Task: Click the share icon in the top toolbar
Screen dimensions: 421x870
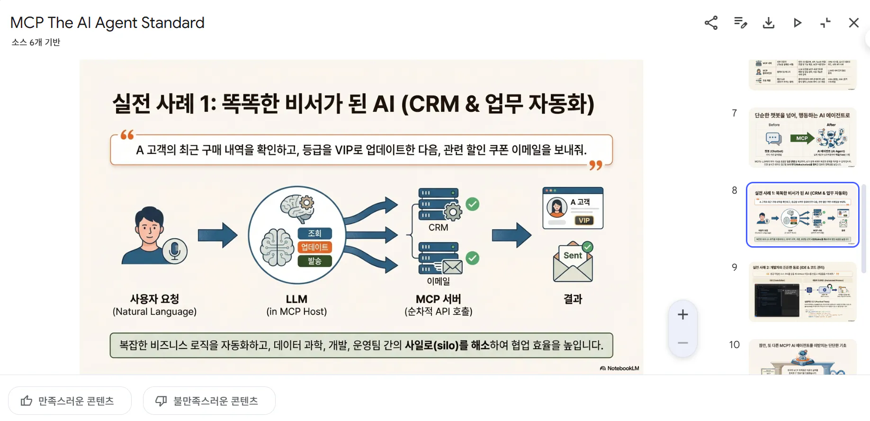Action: coord(711,23)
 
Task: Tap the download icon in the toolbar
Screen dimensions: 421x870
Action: coord(769,23)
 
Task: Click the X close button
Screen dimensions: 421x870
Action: coord(853,23)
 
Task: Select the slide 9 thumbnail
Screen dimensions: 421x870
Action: coord(803,292)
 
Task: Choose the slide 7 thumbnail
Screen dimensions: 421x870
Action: coord(803,138)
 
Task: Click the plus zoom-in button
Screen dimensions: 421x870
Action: coord(682,314)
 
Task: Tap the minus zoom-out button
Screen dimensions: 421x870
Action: coord(682,343)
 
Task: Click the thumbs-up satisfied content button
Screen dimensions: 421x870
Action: coord(70,401)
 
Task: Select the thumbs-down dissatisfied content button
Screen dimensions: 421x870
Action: coord(209,401)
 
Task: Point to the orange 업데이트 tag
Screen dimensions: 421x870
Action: coord(314,247)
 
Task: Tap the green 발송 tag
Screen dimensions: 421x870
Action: coord(314,261)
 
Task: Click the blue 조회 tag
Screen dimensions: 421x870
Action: coord(314,233)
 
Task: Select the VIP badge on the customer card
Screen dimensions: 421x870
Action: coord(584,220)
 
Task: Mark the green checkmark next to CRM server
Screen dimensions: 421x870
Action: coord(472,204)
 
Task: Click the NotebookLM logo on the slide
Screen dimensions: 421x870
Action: coord(619,368)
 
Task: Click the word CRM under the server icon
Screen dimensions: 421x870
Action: coord(438,227)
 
